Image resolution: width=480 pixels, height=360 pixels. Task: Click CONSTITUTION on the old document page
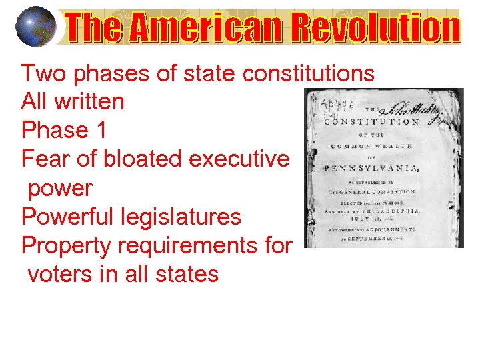[x=371, y=122]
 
